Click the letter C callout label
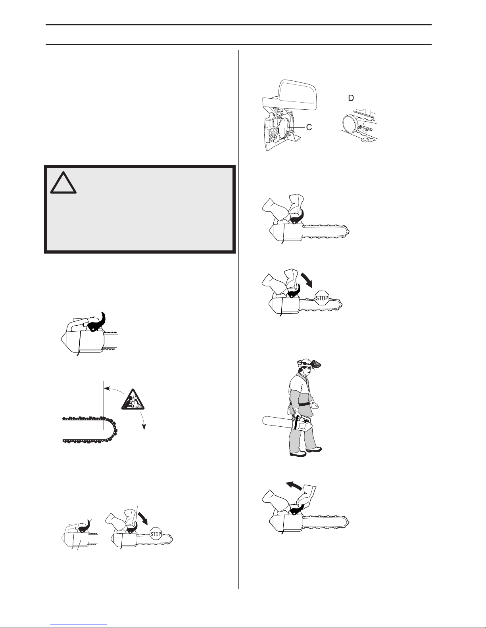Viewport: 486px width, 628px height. click(x=309, y=127)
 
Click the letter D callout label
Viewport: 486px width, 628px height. click(x=351, y=98)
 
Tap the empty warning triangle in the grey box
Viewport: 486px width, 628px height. click(x=63, y=183)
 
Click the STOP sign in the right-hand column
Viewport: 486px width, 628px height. click(x=322, y=298)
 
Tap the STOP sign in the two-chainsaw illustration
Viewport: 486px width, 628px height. click(x=156, y=534)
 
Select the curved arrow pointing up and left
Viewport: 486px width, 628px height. click(x=294, y=486)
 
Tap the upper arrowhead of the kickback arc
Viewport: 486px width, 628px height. click(x=106, y=389)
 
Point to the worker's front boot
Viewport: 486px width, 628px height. click(x=314, y=449)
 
